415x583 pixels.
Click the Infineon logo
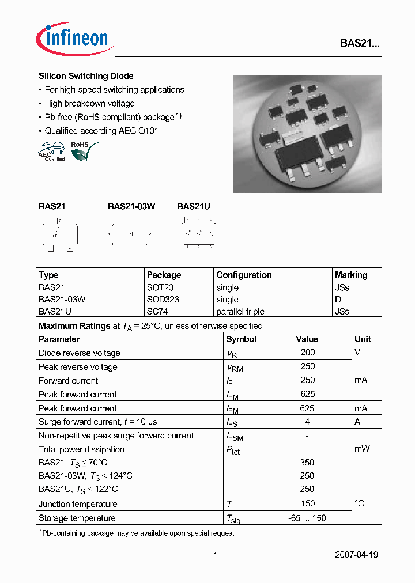pyautogui.click(x=73, y=38)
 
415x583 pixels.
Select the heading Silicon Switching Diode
pyautogui.click(x=86, y=76)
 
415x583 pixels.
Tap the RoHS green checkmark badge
pyautogui.click(x=83, y=152)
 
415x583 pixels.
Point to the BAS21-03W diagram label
pyautogui.click(x=131, y=206)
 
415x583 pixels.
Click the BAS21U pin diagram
pyautogui.click(x=199, y=233)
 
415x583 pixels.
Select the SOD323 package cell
pyautogui.click(x=163, y=300)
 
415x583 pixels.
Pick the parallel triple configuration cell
pyautogui.click(x=240, y=312)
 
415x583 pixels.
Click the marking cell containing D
pyautogui.click(x=338, y=300)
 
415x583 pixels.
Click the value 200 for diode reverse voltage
pyautogui.click(x=308, y=353)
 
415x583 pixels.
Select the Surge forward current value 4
pyautogui.click(x=308, y=422)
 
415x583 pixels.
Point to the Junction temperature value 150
pyautogui.click(x=308, y=504)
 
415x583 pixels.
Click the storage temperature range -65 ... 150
pyautogui.click(x=307, y=518)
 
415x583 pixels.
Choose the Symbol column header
pyautogui.click(x=241, y=339)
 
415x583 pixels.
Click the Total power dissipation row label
pyautogui.click(x=81, y=449)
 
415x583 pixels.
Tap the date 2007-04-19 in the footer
pyautogui.click(x=356, y=555)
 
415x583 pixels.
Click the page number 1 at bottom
pyautogui.click(x=215, y=555)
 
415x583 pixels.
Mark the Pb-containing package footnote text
pyautogui.click(x=137, y=533)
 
